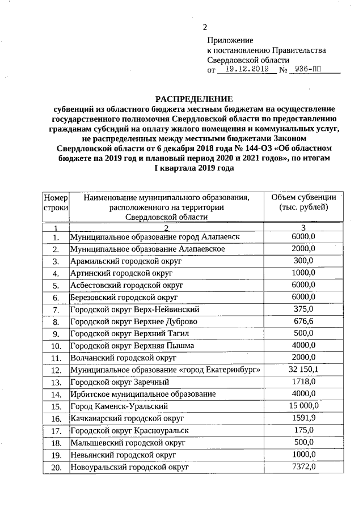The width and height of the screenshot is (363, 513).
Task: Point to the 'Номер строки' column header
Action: [x=56, y=202]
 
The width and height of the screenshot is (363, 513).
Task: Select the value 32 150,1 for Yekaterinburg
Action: [x=303, y=370]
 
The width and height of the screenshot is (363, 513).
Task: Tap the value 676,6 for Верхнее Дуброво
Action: [x=303, y=321]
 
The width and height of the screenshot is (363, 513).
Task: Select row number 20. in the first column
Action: [x=56, y=467]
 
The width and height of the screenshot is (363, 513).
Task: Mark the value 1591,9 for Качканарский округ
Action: [x=303, y=418]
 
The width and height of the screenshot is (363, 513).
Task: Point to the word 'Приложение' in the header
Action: [x=230, y=41]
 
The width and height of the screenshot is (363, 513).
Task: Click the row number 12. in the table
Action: [x=56, y=370]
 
